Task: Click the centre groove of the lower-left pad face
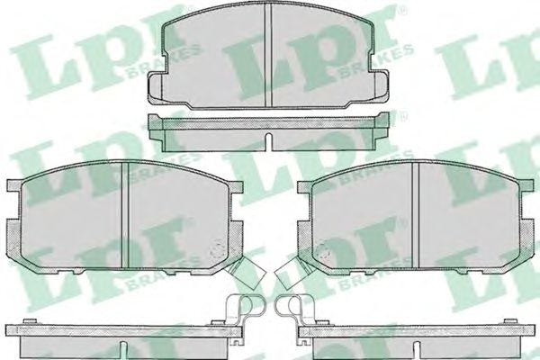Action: [125, 215]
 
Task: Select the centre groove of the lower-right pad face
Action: [415, 215]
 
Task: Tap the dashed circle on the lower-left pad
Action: [216, 248]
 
